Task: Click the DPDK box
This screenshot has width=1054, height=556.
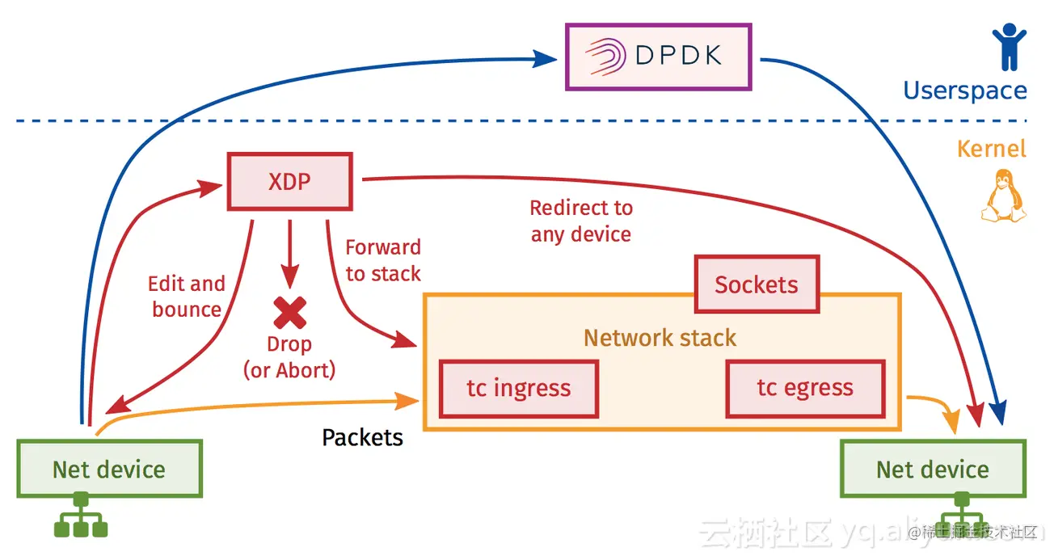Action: point(658,57)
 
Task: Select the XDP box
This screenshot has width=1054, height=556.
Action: point(290,180)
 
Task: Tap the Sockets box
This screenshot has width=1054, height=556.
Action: point(757,284)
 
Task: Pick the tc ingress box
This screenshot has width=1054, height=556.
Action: point(518,389)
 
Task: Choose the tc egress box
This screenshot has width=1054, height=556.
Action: point(805,389)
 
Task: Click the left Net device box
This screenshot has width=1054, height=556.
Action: point(109,469)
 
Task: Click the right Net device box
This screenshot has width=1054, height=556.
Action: point(933,469)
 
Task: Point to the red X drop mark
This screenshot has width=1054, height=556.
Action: point(289,312)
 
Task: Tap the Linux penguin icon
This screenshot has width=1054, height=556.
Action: point(1002,196)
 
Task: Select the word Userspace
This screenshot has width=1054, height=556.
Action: point(964,91)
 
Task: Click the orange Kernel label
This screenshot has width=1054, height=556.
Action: point(991,149)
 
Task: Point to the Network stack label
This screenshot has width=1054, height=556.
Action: point(660,338)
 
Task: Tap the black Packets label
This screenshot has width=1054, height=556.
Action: point(362,438)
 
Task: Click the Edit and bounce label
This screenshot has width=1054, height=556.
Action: point(187,297)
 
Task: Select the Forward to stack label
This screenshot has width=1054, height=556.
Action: point(383,260)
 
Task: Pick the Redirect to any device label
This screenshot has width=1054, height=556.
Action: point(581,221)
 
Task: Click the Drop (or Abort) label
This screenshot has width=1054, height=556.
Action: point(289,358)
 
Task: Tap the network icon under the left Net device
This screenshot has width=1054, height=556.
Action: point(80,516)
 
